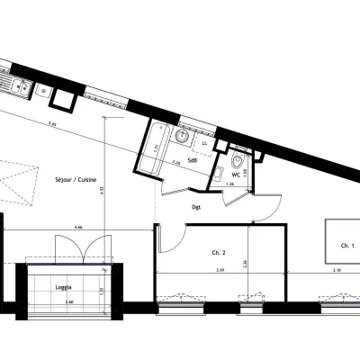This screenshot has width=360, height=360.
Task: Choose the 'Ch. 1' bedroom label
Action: [x=347, y=246]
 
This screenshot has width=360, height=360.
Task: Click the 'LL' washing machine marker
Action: [x=203, y=142]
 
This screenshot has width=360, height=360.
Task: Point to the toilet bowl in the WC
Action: [x=236, y=162]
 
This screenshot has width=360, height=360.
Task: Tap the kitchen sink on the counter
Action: [x=16, y=87]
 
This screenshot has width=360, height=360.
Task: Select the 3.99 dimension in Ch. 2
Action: [x=219, y=270]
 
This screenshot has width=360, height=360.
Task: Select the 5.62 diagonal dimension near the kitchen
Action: [x=52, y=122]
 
